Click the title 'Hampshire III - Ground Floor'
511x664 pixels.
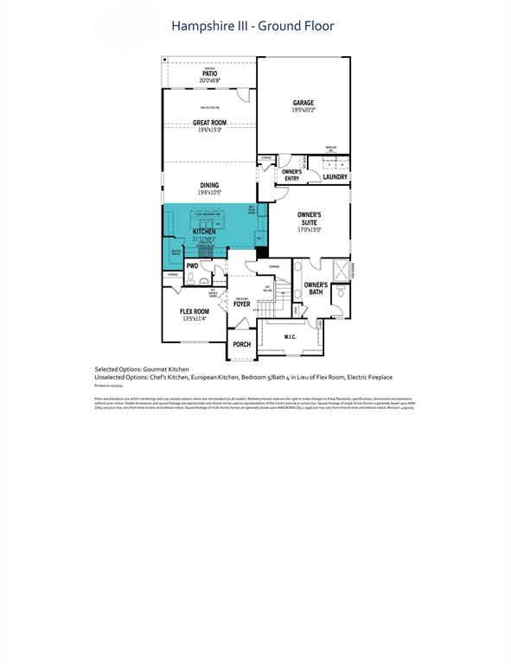click(x=254, y=26)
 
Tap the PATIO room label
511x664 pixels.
click(x=209, y=74)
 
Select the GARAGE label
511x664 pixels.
click(x=303, y=103)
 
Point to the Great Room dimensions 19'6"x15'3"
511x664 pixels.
click(x=209, y=131)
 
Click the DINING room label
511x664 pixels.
click(x=209, y=185)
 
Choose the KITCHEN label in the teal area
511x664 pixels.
click(x=204, y=233)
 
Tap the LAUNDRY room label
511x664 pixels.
click(x=335, y=177)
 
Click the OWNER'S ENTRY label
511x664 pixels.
click(x=292, y=176)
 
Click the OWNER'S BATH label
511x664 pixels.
click(x=316, y=288)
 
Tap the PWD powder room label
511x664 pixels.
click(x=192, y=266)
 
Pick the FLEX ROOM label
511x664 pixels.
click(x=194, y=311)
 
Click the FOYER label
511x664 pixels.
click(x=241, y=304)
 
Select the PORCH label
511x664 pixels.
click(x=242, y=344)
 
